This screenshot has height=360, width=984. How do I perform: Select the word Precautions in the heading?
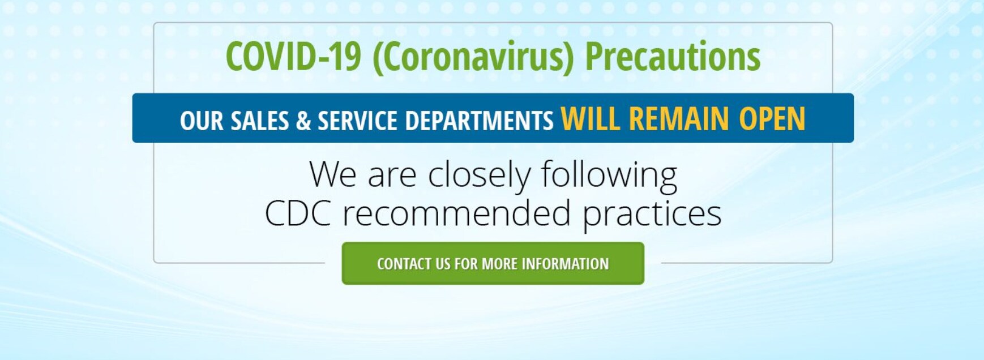tap(673, 57)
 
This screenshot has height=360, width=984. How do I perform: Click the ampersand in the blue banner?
tap(303, 121)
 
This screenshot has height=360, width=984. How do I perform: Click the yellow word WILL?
tap(591, 119)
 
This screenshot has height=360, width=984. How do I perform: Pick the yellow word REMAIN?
tap(679, 119)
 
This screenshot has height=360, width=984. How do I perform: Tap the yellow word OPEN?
tap(772, 119)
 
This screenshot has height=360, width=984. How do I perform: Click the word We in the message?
tap(333, 174)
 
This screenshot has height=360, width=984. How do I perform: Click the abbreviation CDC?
tap(298, 214)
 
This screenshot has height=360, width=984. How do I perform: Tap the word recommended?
tap(456, 213)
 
